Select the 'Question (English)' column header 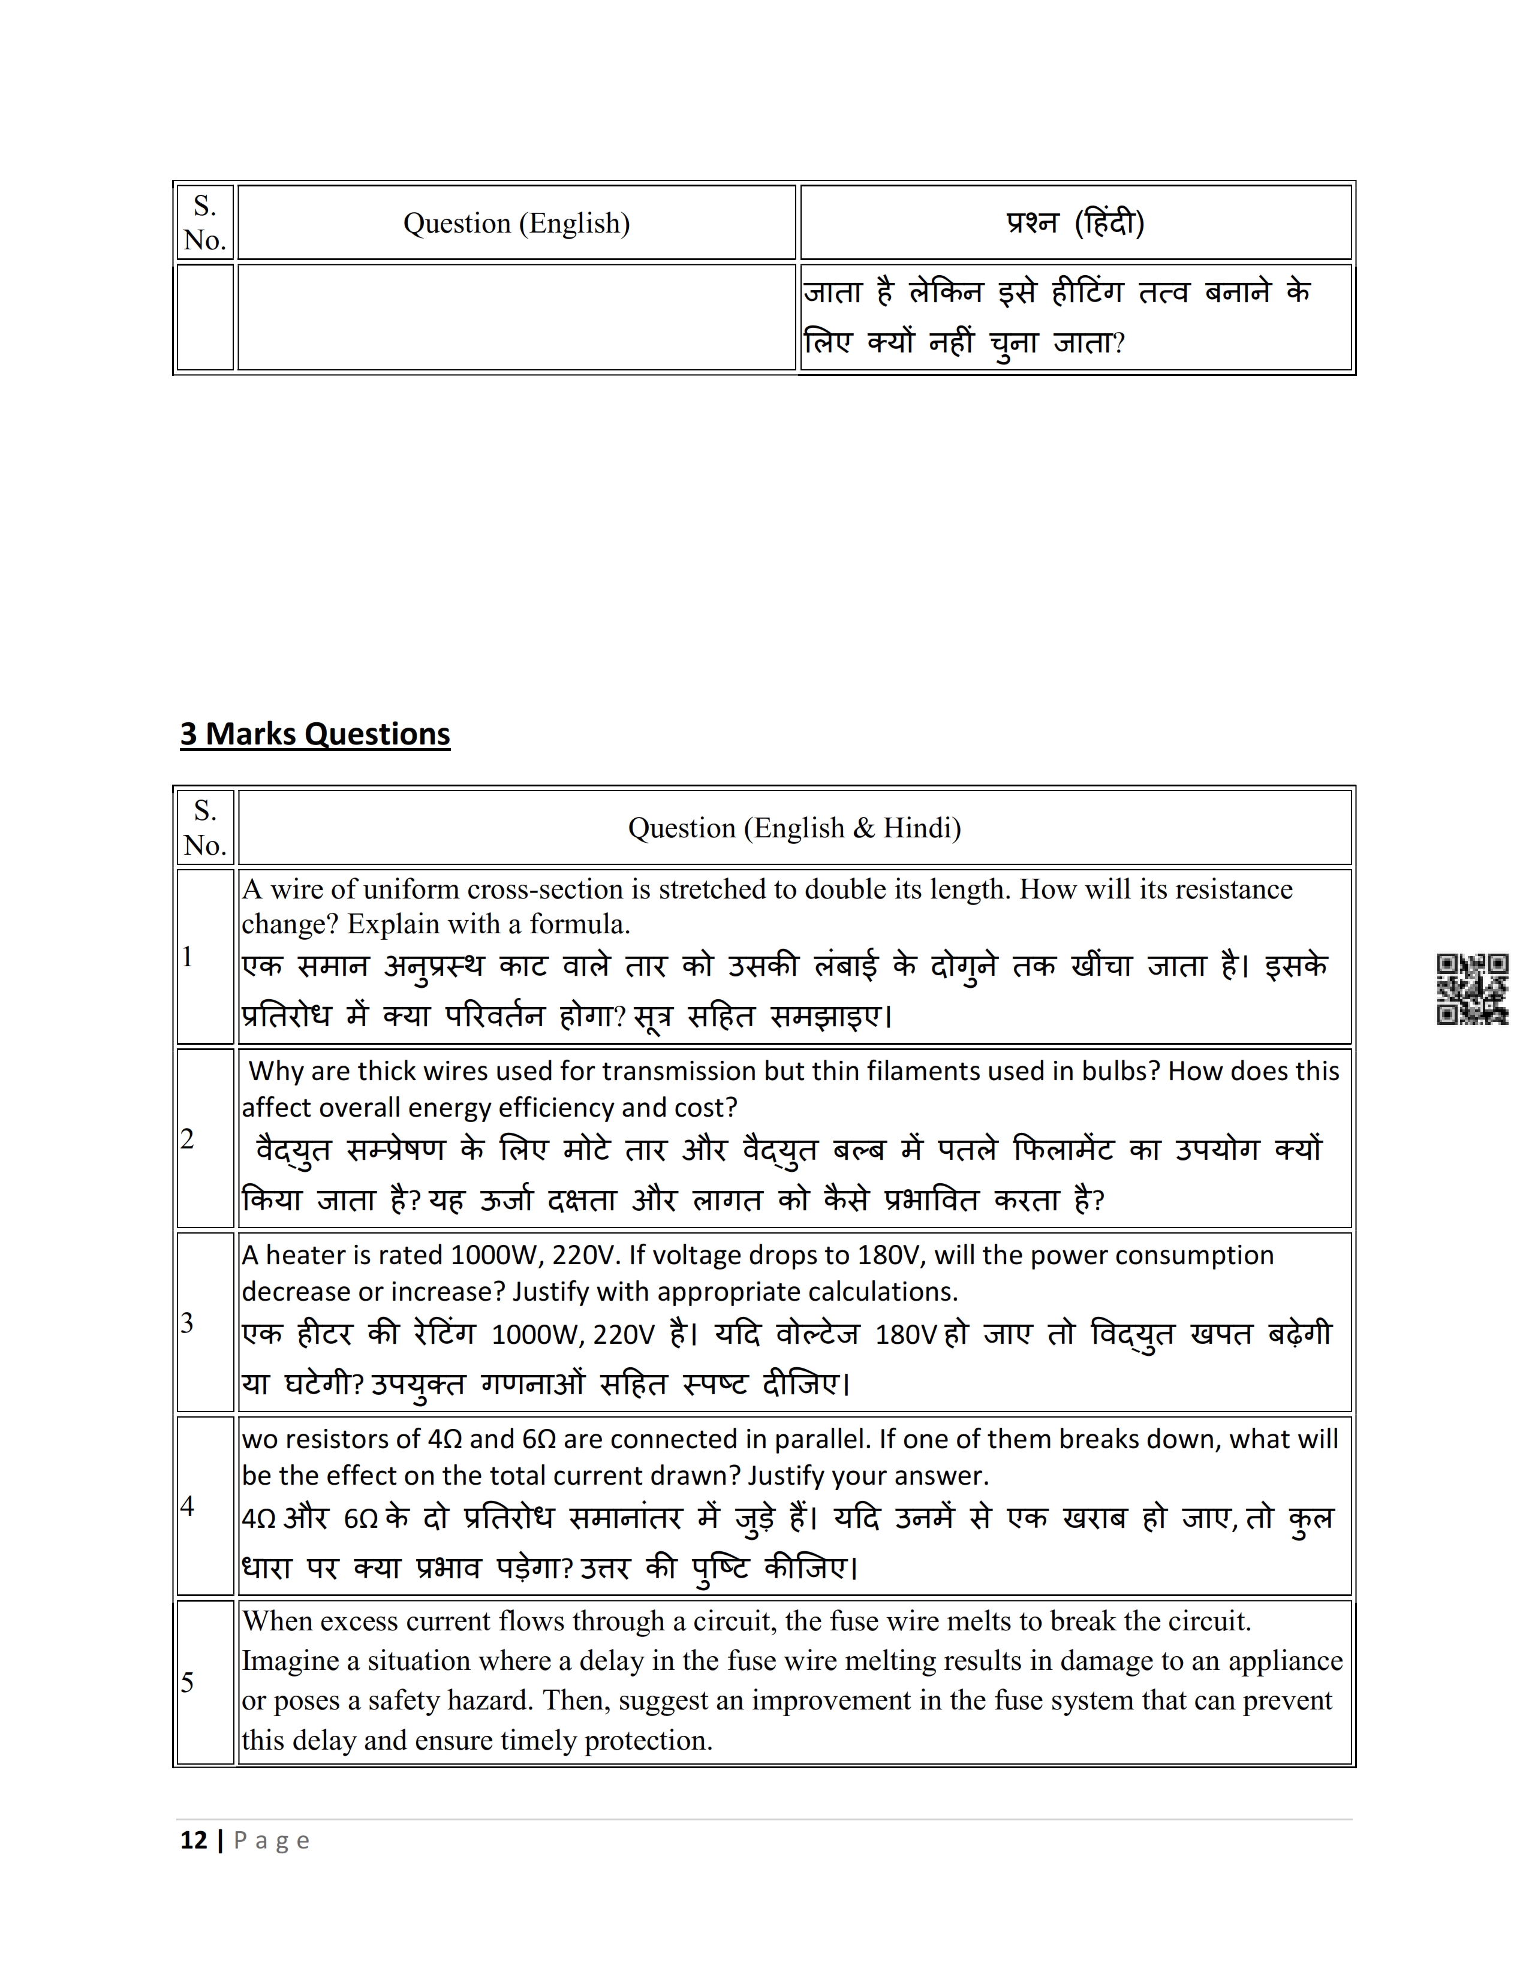point(516,224)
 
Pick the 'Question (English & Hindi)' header point(794,828)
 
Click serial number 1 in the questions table point(188,957)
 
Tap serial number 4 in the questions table point(188,1505)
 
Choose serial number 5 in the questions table point(188,1682)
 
